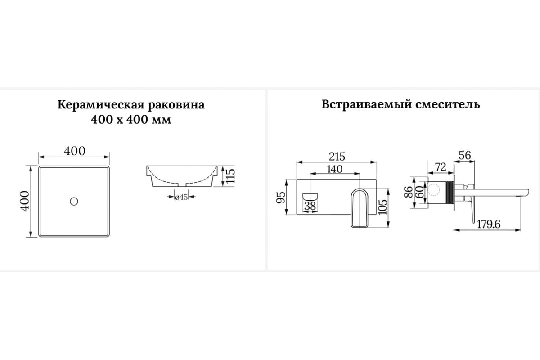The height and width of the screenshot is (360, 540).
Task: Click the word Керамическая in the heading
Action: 101,105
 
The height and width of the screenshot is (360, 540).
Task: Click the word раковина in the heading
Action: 176,105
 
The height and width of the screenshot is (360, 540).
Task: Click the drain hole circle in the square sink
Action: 74,201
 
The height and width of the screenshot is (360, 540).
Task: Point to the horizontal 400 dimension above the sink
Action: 75,151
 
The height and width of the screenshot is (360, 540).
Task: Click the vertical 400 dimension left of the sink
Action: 25,201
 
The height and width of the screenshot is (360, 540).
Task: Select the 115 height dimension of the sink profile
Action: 230,176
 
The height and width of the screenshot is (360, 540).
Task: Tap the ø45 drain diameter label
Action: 181,197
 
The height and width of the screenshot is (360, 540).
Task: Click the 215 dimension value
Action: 337,157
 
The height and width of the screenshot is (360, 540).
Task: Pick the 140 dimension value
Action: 335,169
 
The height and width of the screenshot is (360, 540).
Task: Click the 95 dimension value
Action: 281,198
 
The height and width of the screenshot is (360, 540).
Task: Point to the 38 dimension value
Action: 310,206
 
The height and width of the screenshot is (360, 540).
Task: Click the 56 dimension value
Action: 465,156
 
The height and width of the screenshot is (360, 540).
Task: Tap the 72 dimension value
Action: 441,167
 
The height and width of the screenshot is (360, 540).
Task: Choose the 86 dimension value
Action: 409,192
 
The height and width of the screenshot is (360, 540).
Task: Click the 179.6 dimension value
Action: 489,225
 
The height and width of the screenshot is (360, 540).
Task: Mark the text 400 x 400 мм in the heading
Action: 131,120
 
